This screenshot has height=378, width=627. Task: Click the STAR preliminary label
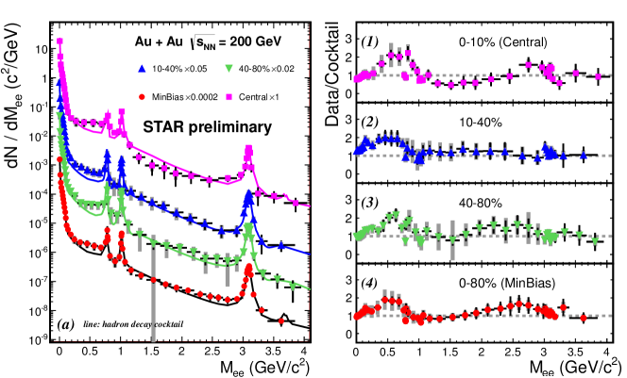[208, 125]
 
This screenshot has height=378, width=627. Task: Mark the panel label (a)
[65, 323]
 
